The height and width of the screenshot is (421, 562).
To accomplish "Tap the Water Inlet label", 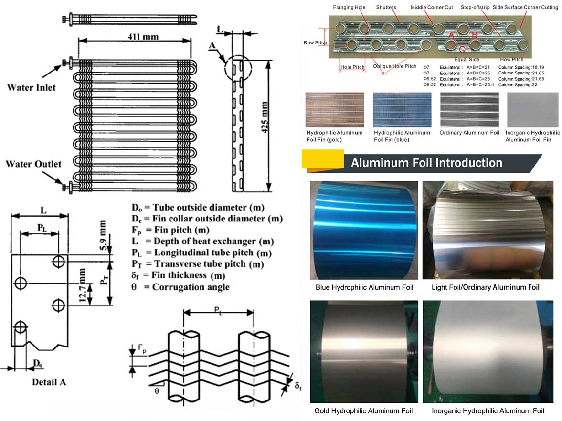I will [x=31, y=87].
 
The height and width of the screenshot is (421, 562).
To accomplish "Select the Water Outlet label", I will [x=33, y=164].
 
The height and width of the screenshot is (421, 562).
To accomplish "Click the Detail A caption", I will [x=49, y=382].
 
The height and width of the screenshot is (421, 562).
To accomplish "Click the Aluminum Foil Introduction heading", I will [x=426, y=163].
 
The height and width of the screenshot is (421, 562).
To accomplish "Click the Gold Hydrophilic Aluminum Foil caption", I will [x=363, y=411].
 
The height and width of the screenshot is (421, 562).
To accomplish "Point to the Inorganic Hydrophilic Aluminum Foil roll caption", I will [x=488, y=411].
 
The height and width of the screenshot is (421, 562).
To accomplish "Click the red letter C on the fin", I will [x=462, y=49].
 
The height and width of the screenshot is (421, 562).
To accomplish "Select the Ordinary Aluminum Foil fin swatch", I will [x=469, y=110].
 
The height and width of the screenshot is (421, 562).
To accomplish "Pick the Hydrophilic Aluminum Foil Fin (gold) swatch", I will [x=335, y=110].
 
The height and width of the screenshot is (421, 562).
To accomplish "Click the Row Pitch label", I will [x=315, y=43].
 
